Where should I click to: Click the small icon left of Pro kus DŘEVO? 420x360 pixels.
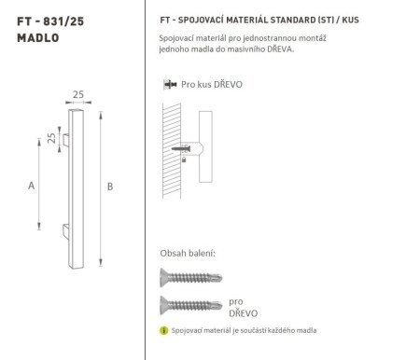click(x=167, y=84)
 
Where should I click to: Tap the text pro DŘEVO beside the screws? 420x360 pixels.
click(x=241, y=308)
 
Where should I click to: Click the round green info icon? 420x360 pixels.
click(x=166, y=332)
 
